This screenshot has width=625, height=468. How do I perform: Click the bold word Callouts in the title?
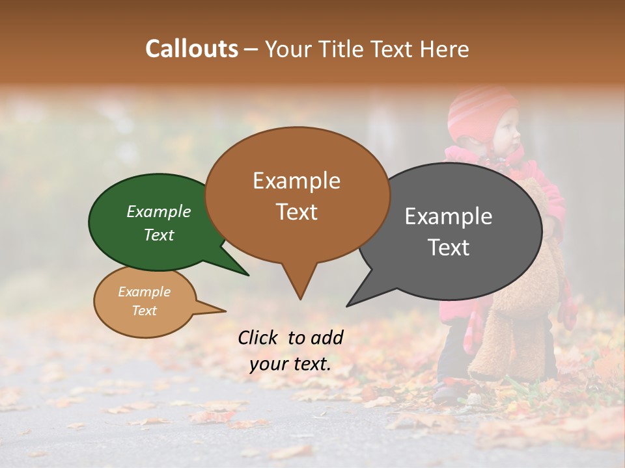point(191,49)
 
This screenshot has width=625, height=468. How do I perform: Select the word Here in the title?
point(445,49)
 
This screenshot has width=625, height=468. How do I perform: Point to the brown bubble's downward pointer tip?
point(300,299)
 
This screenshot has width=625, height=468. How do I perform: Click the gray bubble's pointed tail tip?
point(347,306)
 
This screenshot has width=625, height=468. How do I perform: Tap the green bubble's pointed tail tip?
point(249,275)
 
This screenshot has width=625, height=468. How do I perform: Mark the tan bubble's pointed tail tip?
point(225,311)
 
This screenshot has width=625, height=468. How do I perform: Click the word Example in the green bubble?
point(159,211)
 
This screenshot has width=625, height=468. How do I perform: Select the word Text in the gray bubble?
point(449,247)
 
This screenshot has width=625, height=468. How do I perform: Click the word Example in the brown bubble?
point(296,180)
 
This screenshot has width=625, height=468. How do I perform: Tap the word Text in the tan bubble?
point(144,310)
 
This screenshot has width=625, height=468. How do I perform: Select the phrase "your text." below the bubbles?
point(290,364)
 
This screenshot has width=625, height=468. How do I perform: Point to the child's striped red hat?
point(480,110)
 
